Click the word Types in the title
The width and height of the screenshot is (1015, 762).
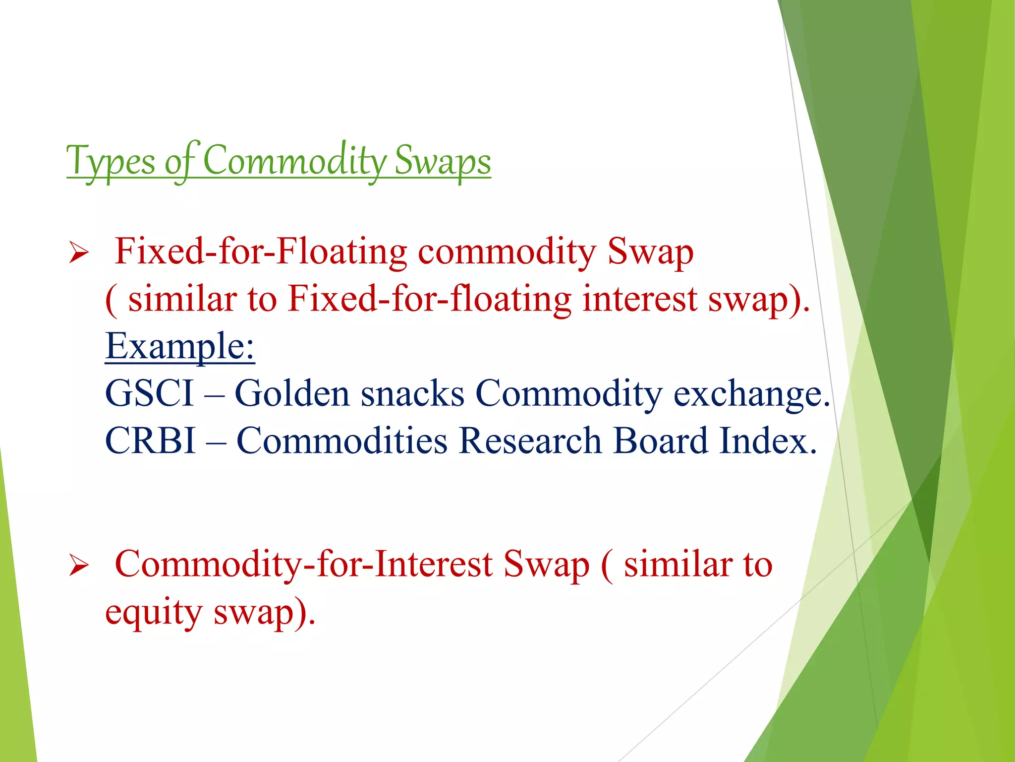[111, 162]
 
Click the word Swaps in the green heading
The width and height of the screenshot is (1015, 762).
[442, 162]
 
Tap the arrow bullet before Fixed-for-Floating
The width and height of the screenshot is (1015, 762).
[79, 253]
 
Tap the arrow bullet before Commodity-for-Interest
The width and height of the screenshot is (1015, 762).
[79, 566]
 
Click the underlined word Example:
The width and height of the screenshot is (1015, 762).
[180, 346]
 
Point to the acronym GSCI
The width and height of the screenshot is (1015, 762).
[149, 393]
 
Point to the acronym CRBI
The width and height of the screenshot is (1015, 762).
[150, 441]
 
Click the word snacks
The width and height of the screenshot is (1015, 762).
[412, 393]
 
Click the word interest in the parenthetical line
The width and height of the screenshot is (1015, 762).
[639, 299]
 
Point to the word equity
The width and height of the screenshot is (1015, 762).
[154, 613]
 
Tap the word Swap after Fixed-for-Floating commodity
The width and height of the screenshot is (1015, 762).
[650, 252]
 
